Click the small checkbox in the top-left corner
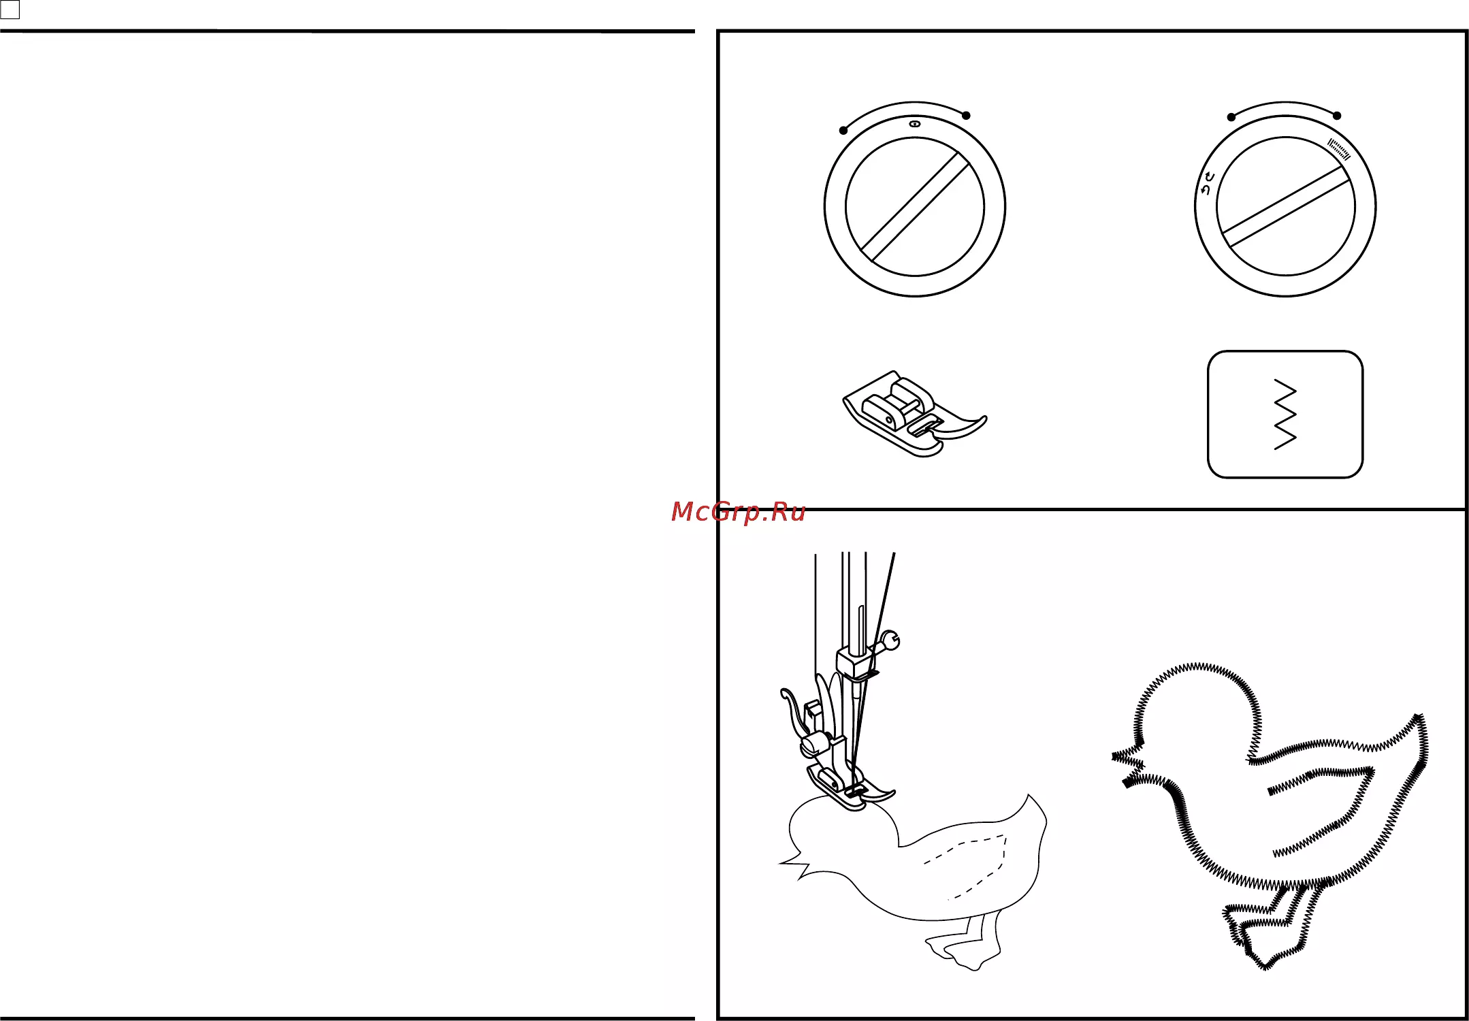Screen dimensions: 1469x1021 tap(10, 10)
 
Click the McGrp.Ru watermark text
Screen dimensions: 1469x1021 tap(738, 512)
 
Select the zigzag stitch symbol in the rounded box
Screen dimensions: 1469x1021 tap(1285, 414)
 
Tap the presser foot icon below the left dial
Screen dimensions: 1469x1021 tap(915, 414)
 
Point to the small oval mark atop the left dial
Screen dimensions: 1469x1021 tap(914, 124)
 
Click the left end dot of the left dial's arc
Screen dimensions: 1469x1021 tap(843, 130)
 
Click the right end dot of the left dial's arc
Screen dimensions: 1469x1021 tap(966, 115)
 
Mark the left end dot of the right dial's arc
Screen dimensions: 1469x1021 tap(1231, 117)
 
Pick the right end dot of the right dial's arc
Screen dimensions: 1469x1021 tap(1337, 116)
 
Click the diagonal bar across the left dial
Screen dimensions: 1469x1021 tap(915, 207)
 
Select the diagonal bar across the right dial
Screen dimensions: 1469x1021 tap(1286, 206)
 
